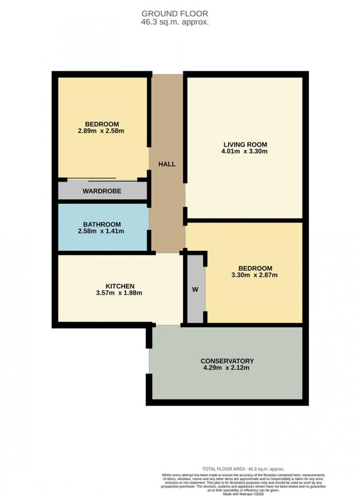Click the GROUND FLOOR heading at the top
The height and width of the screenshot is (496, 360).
pyautogui.click(x=175, y=14)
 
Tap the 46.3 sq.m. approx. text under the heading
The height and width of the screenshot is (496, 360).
pyautogui.click(x=175, y=22)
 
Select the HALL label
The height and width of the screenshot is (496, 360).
pyautogui.click(x=167, y=164)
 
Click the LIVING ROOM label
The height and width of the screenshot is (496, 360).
pyautogui.click(x=245, y=145)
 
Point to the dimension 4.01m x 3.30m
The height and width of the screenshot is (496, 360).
pyautogui.click(x=244, y=151)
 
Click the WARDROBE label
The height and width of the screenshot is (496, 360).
pyautogui.click(x=102, y=191)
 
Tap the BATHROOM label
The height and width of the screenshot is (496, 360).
pyautogui.click(x=102, y=224)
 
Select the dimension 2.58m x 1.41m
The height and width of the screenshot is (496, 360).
pyautogui.click(x=101, y=231)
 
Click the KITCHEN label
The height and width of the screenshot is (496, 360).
pyautogui.click(x=120, y=286)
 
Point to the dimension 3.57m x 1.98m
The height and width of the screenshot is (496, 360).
pyautogui.click(x=119, y=293)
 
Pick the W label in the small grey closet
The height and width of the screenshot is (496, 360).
pyautogui.click(x=195, y=290)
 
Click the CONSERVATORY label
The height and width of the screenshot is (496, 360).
pyautogui.click(x=227, y=361)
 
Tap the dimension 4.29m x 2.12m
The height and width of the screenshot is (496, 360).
pyautogui.click(x=226, y=368)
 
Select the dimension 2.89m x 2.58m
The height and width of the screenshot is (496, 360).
pyautogui.click(x=101, y=131)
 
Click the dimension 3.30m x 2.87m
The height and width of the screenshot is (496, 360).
pyautogui.click(x=254, y=275)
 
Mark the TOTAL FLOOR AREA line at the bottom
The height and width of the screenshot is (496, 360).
pyautogui.click(x=243, y=469)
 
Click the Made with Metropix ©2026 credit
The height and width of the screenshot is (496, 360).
pyautogui.click(x=243, y=494)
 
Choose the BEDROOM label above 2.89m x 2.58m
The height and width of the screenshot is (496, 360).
pyautogui.click(x=102, y=124)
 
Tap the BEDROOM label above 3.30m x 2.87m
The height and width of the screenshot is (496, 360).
pyautogui.click(x=255, y=268)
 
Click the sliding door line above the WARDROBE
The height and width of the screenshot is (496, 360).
pyautogui.click(x=103, y=180)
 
